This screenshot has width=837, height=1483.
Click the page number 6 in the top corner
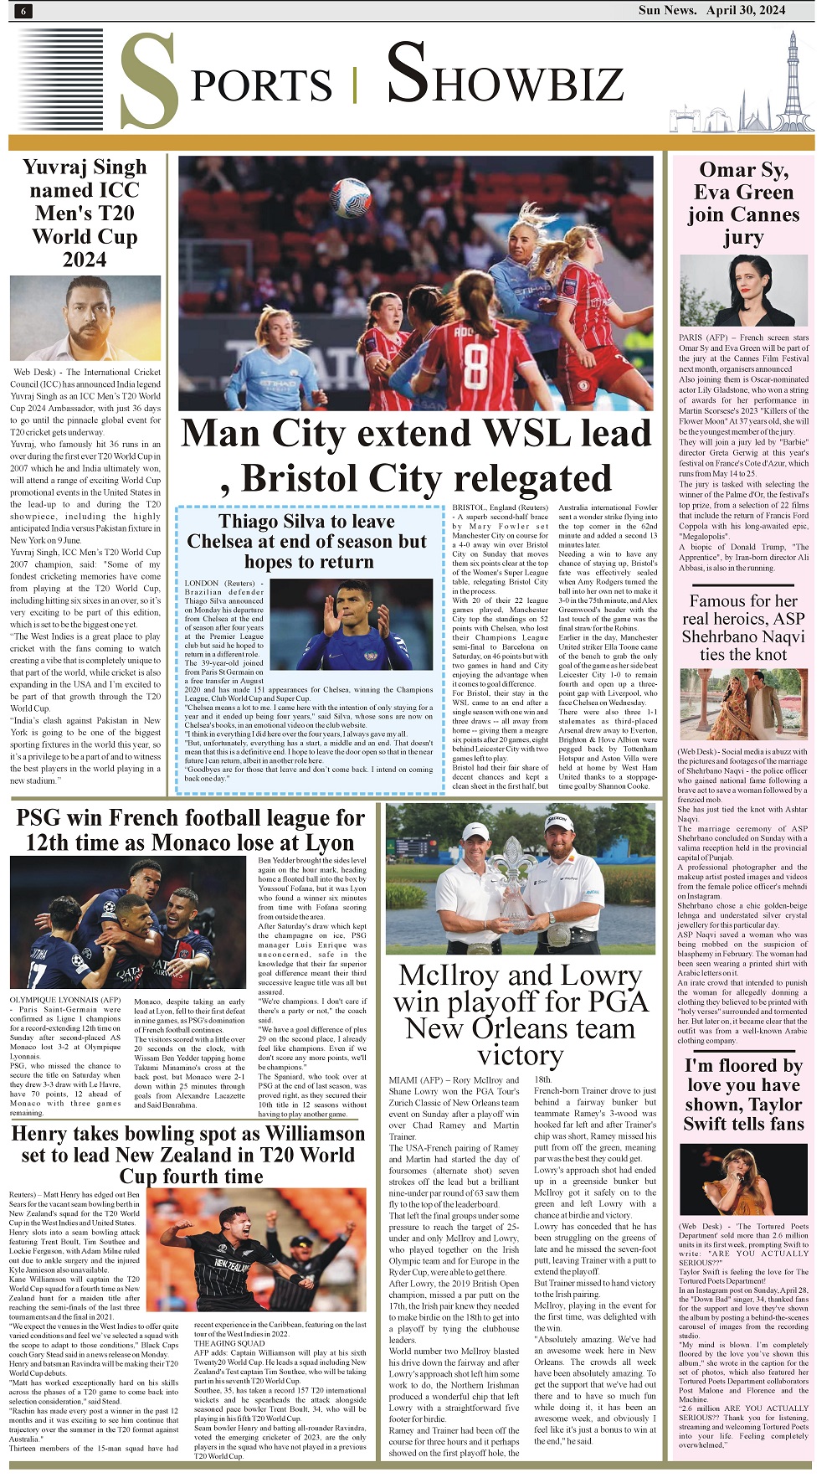[23, 11]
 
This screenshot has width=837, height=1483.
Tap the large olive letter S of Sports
[151, 82]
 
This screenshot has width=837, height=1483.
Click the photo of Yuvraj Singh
[85, 317]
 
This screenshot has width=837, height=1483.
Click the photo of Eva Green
[743, 291]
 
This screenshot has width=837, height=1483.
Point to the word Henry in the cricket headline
[44, 1134]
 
